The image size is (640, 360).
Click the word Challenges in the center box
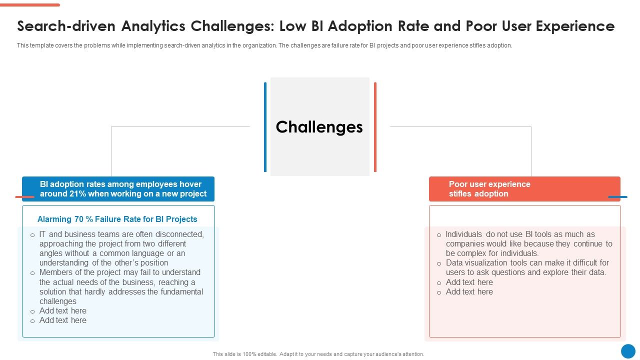pyautogui.click(x=319, y=127)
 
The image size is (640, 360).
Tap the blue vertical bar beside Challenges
pyautogui.click(x=265, y=127)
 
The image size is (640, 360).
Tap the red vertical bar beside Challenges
pyautogui.click(x=375, y=127)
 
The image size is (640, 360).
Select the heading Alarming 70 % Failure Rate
pyautogui.click(x=117, y=219)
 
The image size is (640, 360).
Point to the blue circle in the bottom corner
pyautogui.click(x=628, y=351)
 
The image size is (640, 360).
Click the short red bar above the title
pyautogui.click(x=30, y=5)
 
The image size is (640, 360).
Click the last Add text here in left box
pyautogui.click(x=63, y=320)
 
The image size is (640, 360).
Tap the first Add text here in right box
pyautogui.click(x=469, y=282)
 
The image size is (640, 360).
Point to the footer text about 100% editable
pyautogui.click(x=318, y=354)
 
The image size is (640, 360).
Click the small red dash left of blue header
pyautogui.click(x=24, y=197)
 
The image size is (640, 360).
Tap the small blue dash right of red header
pyautogui.click(x=617, y=197)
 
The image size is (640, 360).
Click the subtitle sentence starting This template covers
pyautogui.click(x=264, y=45)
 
